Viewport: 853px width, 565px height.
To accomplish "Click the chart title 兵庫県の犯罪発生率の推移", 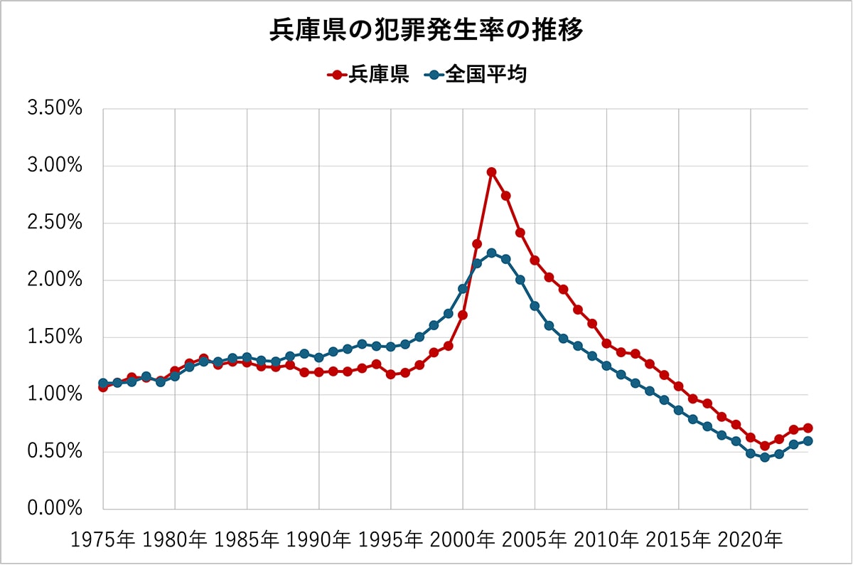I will [426, 31].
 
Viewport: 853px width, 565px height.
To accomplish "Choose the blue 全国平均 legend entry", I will [478, 75].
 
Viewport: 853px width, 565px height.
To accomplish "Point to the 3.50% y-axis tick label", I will [55, 110].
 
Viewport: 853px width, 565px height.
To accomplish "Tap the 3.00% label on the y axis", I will [55, 167].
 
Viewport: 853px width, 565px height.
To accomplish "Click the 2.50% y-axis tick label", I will [55, 223].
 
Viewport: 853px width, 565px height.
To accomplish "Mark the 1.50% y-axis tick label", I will [55, 338].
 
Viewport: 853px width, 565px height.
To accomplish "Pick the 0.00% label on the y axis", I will [55, 509].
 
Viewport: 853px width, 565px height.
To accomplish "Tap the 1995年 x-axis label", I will [391, 540].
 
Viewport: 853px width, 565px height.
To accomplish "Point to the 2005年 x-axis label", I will [535, 540].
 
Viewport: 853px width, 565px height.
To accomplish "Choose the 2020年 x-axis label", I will [750, 540].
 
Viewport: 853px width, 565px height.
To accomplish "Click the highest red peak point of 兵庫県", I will [491, 172].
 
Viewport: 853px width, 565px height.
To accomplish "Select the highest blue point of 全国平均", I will [491, 253].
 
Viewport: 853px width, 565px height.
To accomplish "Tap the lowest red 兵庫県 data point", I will [765, 446].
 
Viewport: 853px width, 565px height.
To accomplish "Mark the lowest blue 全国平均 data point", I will [765, 458].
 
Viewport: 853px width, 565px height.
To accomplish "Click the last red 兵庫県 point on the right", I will [808, 428].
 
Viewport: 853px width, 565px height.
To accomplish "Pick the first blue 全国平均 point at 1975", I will [103, 384].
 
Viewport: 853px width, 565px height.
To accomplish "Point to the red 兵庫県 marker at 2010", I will [606, 344].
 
